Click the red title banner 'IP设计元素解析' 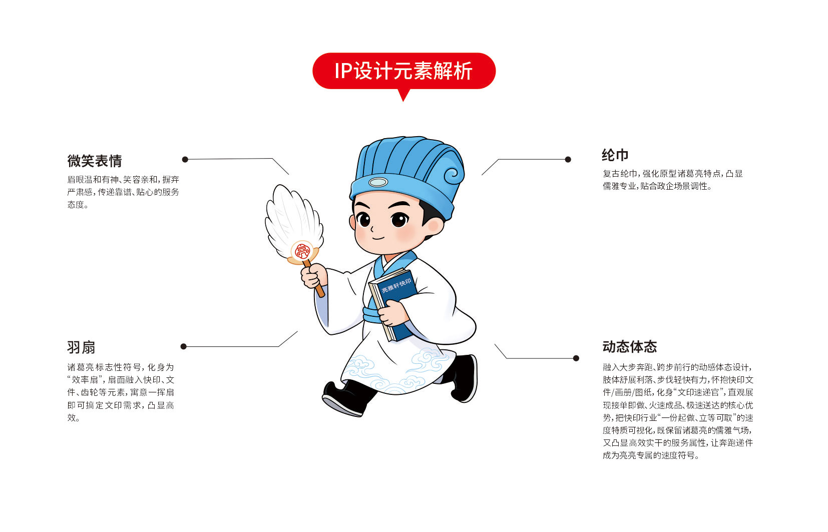(x=403, y=71)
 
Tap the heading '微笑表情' (x=95, y=161)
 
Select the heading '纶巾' (x=615, y=155)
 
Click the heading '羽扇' (x=81, y=348)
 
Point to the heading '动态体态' (x=630, y=347)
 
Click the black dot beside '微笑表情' (x=185, y=159)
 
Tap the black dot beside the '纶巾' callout (x=568, y=159)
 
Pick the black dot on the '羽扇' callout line (x=184, y=346)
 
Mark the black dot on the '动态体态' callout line (x=576, y=358)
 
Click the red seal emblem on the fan (x=302, y=252)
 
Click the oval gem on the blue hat (x=378, y=182)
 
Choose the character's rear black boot (x=462, y=377)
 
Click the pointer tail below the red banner (x=403, y=95)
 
